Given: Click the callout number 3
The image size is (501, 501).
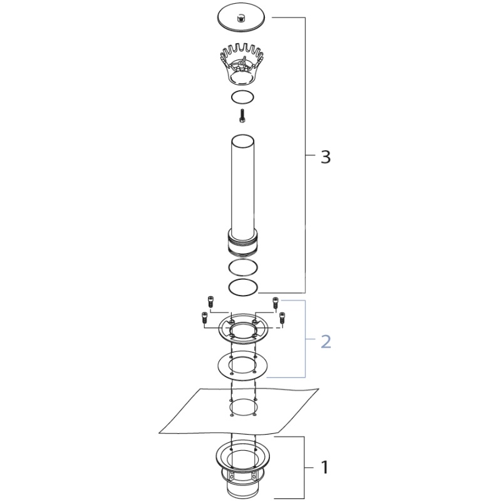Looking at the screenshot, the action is point(326,157).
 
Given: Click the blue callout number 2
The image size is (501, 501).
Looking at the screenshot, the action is point(326,341).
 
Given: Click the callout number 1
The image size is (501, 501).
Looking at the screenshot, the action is point(324,467).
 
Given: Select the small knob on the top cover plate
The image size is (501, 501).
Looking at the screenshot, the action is point(240,19).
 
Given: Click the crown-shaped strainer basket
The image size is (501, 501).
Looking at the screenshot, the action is point(242,65).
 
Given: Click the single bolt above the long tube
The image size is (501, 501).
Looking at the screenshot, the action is point(242,116).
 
